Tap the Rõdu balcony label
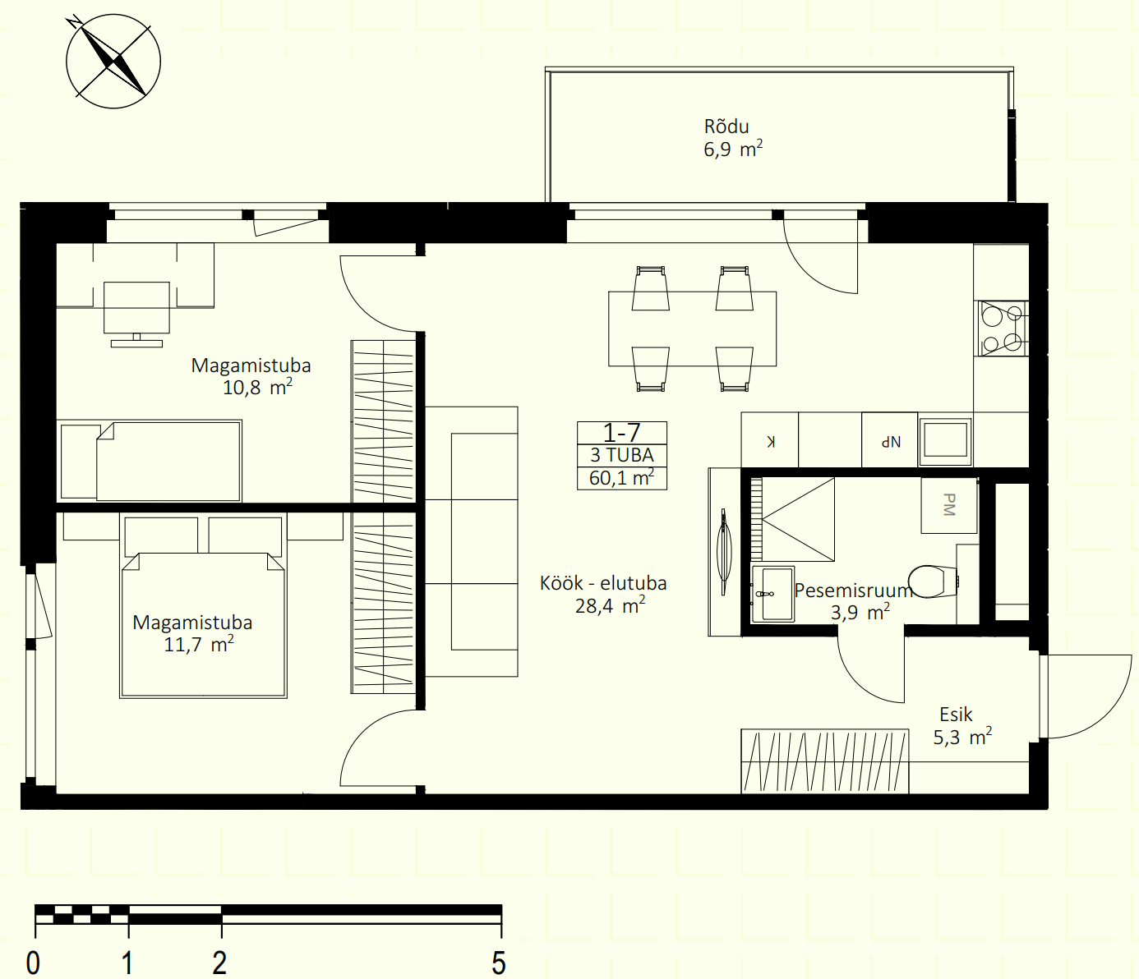[x=726, y=126]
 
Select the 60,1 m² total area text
[x=621, y=477]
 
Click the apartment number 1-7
[x=621, y=433]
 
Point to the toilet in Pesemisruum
[x=933, y=581]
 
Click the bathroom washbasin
[x=773, y=594]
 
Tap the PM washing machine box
[x=948, y=505]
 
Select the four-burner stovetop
[x=1003, y=329]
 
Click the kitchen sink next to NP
[x=945, y=439]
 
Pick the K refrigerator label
[x=771, y=441]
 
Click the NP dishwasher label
[x=891, y=441]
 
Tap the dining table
[x=692, y=329]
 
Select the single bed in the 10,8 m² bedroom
[x=150, y=461]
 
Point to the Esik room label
[x=956, y=715]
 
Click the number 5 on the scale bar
[x=499, y=963]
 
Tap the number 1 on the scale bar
[x=127, y=963]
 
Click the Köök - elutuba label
[x=603, y=583]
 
